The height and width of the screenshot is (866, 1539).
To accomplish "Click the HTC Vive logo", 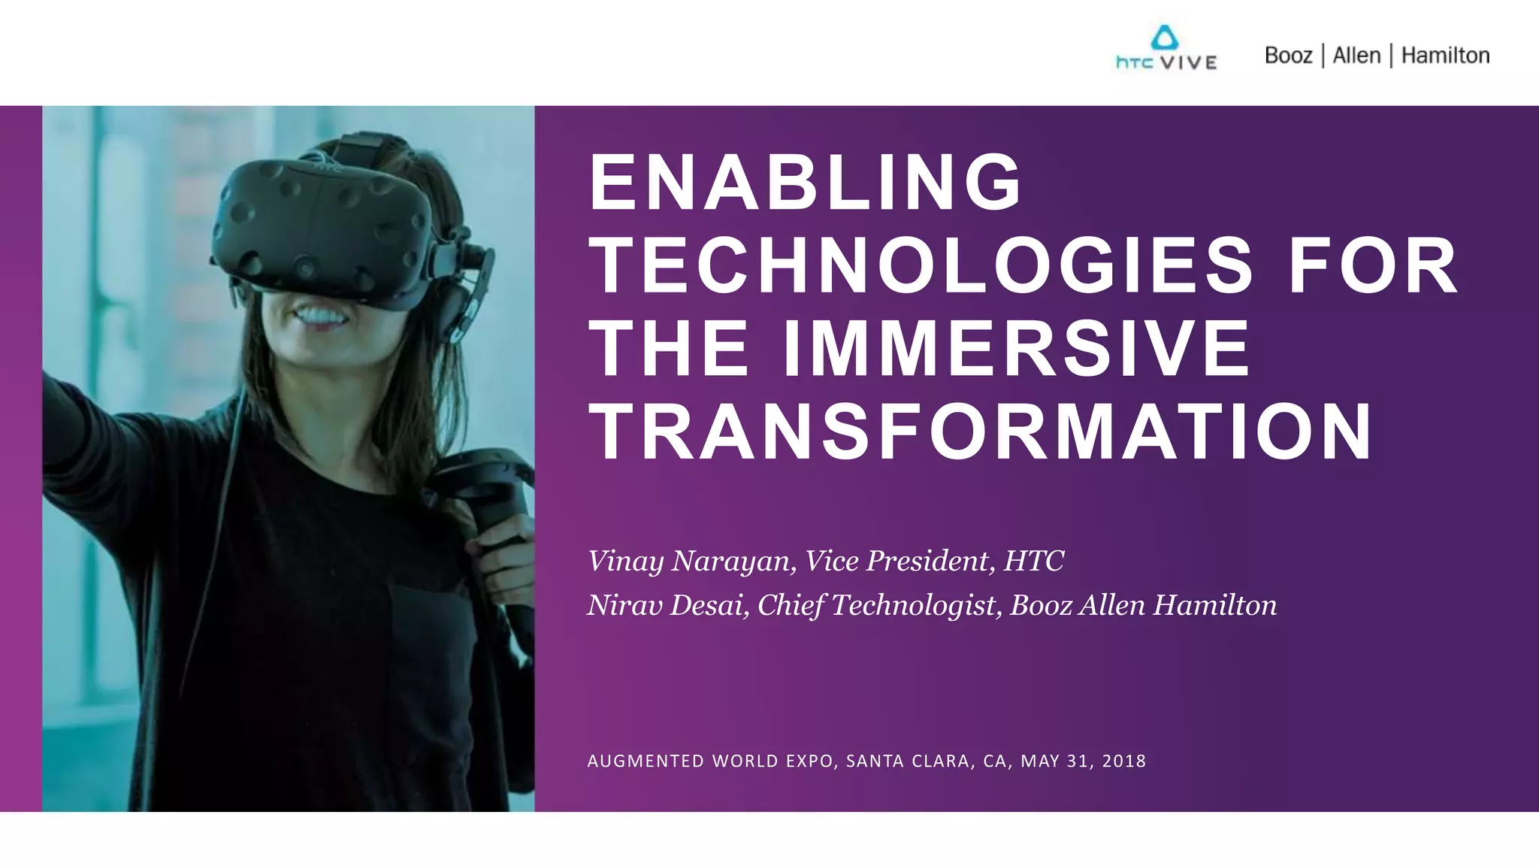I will click(x=1166, y=50).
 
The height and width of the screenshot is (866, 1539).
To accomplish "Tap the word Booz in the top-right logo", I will click(x=1288, y=56).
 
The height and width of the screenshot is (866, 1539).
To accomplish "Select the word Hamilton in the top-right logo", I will click(x=1445, y=56).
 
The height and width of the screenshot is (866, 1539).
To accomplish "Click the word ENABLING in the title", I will click(x=805, y=183).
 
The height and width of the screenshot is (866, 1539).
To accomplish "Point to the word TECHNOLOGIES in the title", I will click(x=921, y=265).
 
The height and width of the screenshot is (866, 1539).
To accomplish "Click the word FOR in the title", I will click(x=1374, y=265).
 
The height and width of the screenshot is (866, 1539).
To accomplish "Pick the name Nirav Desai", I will click(x=667, y=606).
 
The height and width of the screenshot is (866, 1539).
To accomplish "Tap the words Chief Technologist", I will click(x=876, y=606).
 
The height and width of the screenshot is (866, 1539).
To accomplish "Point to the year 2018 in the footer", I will click(x=1124, y=762).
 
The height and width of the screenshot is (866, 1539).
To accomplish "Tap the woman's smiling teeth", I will click(x=322, y=313).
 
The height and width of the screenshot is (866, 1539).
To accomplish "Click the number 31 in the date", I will click(x=1078, y=762).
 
